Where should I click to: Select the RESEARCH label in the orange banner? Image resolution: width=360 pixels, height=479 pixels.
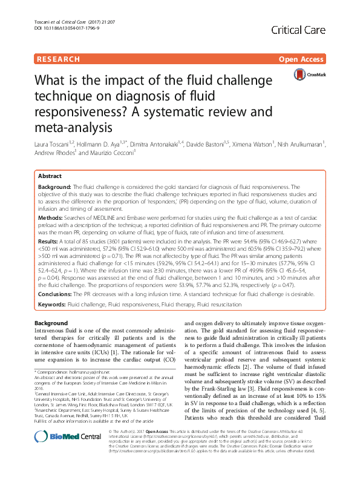58,59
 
